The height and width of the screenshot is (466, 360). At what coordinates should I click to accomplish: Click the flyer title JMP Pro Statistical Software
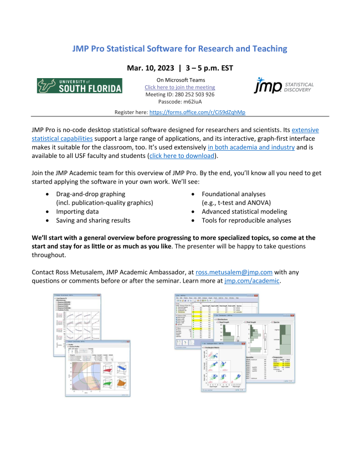(x=179, y=49)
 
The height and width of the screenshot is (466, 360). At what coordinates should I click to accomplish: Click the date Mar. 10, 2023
(x=150, y=69)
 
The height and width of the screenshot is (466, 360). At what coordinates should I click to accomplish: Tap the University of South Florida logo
(x=80, y=86)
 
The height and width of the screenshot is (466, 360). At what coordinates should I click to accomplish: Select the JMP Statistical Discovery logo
(x=283, y=86)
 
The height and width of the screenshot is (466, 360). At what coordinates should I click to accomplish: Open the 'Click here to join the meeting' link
(x=179, y=88)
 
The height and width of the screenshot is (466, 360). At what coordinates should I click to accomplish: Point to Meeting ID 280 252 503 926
(x=179, y=94)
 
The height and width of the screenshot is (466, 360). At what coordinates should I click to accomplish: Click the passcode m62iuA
(x=179, y=101)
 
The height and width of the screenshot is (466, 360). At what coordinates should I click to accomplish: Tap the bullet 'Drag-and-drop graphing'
(x=90, y=194)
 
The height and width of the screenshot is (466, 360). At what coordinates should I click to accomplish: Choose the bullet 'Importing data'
(x=77, y=212)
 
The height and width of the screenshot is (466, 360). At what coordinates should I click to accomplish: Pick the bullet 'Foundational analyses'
(x=233, y=194)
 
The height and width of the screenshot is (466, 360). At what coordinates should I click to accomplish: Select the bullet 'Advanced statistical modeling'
(x=244, y=212)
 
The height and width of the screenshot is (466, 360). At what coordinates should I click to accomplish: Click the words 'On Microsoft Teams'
(x=179, y=80)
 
